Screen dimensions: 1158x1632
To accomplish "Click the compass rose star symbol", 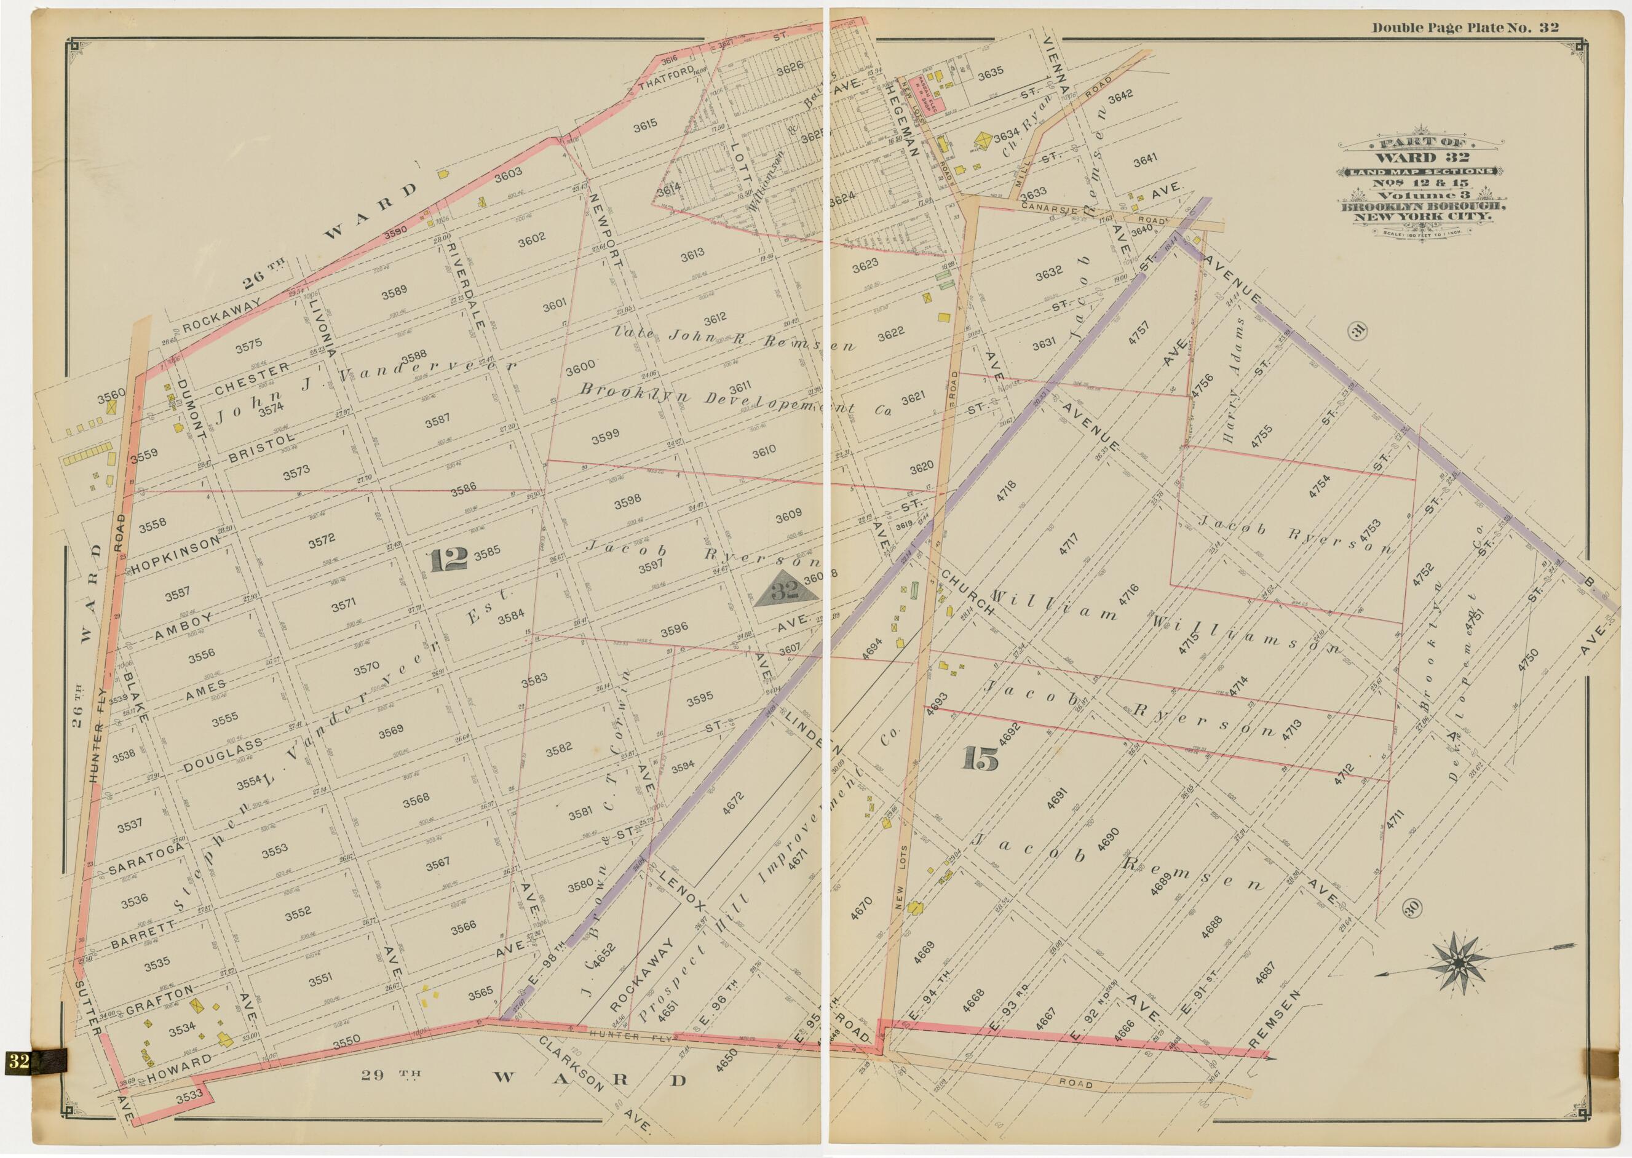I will (1459, 963).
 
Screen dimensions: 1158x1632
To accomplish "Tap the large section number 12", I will (448, 560).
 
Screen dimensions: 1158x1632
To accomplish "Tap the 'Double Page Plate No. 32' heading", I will (1465, 28).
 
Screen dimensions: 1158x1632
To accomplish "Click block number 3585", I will (488, 551).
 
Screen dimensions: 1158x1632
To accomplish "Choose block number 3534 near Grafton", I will (183, 1030).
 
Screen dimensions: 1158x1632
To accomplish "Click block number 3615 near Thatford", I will (644, 125).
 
